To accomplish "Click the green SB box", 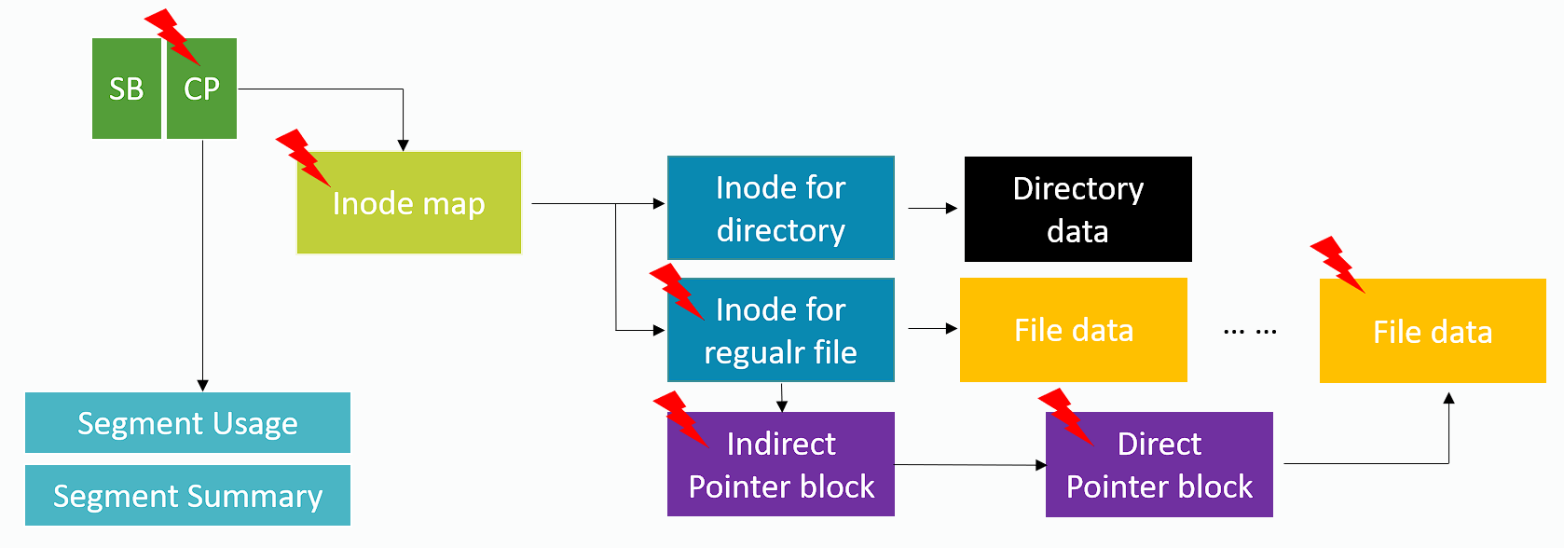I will click(x=127, y=89).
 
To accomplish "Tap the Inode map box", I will click(x=409, y=203).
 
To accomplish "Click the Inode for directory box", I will click(x=781, y=208).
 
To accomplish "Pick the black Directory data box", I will click(x=1077, y=209).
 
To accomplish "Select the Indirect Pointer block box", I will click(x=781, y=465).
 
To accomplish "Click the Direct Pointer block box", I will click(x=1159, y=465).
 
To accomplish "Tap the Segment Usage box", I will click(x=187, y=423).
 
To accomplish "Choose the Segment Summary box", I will click(x=187, y=496).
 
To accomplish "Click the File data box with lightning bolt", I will click(x=1433, y=332).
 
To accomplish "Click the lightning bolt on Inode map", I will click(x=303, y=157).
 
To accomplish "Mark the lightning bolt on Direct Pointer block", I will click(x=1064, y=415).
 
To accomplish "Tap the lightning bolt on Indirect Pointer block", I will click(x=680, y=418).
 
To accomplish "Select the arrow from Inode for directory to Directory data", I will click(x=932, y=209).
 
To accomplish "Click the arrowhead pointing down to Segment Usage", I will click(x=202, y=385).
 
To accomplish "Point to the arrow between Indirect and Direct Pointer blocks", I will click(x=969, y=464).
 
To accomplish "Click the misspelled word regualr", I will click(x=753, y=353).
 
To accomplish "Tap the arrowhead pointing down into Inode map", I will click(x=403, y=144).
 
